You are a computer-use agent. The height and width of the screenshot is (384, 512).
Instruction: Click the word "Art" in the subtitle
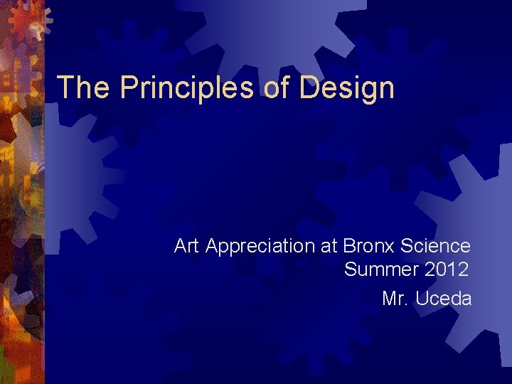pyautogui.click(x=187, y=246)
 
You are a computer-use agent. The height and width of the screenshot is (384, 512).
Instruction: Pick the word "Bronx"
pyautogui.click(x=368, y=246)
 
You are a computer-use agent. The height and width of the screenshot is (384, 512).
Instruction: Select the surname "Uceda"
pyautogui.click(x=443, y=299)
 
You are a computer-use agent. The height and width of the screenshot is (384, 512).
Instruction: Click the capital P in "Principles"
pyautogui.click(x=128, y=87)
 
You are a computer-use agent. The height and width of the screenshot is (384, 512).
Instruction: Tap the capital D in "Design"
pyautogui.click(x=309, y=87)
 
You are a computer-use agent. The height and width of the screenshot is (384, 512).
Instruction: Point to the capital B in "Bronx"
pyautogui.click(x=349, y=246)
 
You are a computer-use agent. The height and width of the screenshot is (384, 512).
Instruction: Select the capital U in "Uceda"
pyautogui.click(x=422, y=299)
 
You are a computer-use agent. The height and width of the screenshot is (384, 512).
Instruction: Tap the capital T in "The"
pyautogui.click(x=66, y=87)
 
